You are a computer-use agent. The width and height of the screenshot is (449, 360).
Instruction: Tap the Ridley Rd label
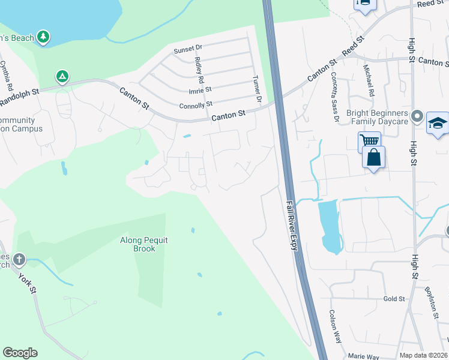coord(199,71)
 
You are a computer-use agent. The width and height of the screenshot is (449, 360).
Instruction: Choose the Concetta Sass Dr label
coord(333,98)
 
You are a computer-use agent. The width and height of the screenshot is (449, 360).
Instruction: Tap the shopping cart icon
coord(369,142)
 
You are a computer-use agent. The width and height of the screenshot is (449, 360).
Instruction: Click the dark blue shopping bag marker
coord(374,157)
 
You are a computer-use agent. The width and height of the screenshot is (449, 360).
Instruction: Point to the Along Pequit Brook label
coord(144,244)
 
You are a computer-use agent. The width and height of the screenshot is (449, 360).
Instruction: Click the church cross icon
coord(19,260)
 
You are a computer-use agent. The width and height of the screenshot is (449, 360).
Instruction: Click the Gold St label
coord(391,298)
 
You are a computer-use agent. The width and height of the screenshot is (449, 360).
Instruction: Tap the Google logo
coord(20,353)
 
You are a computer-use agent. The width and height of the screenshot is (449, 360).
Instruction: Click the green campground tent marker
coord(62,77)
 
